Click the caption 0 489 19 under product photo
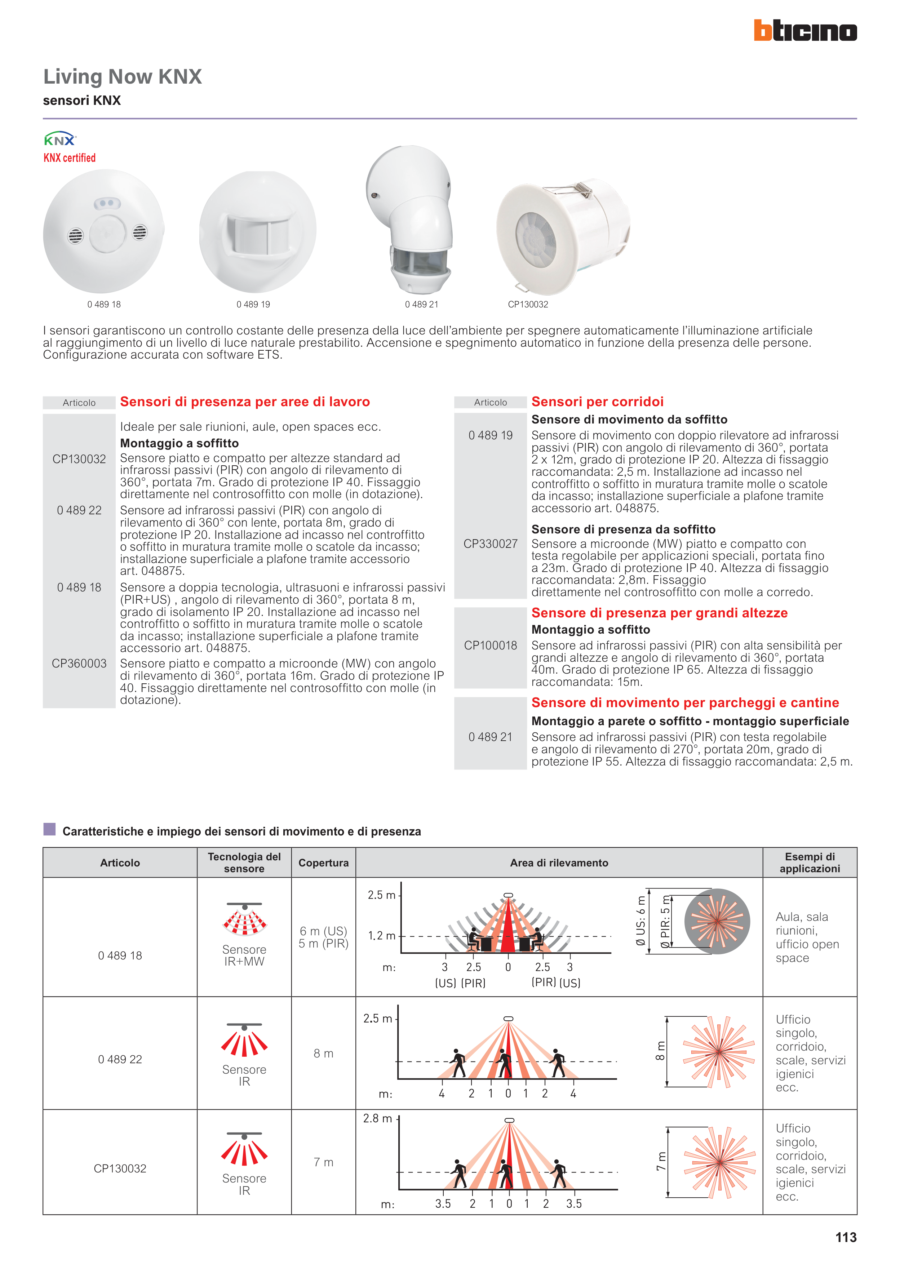(253, 305)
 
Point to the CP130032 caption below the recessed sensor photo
(528, 305)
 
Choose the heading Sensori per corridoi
(597, 402)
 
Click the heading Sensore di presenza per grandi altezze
(659, 613)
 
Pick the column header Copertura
(323, 863)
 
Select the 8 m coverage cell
(323, 1054)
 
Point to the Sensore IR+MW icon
(244, 921)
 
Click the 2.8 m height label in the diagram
(378, 1118)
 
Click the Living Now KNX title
(123, 76)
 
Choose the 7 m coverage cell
(323, 1162)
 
